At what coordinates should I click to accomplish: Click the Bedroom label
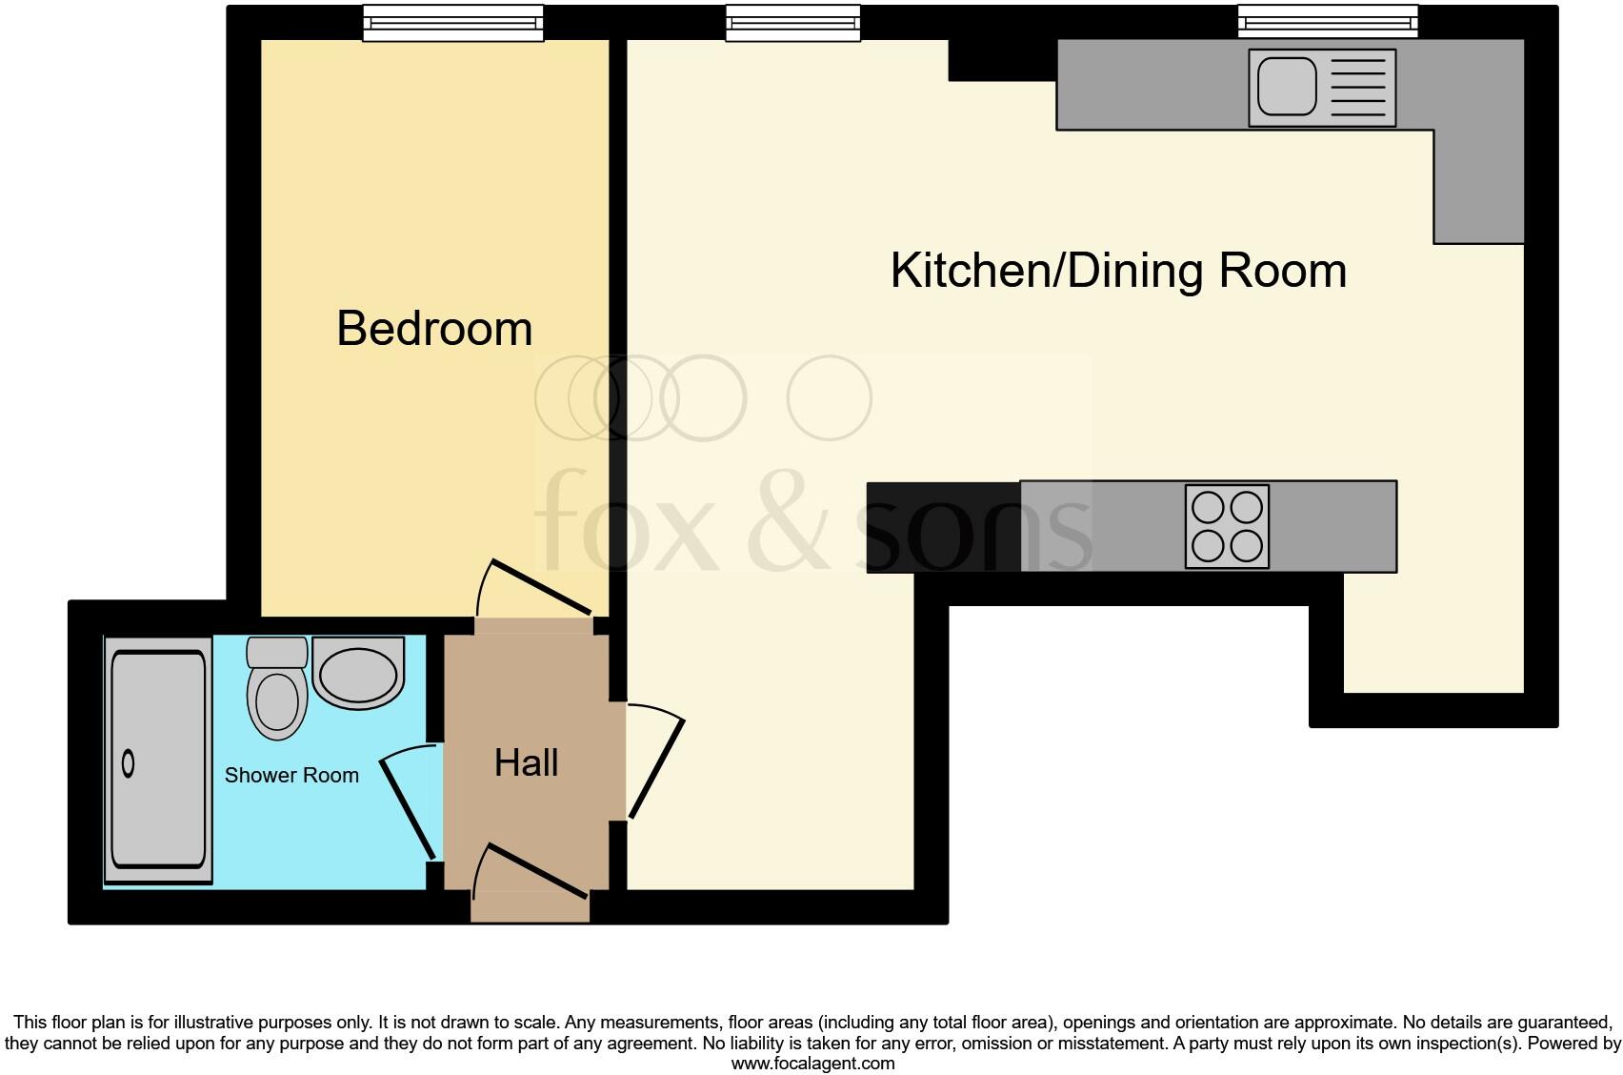(434, 329)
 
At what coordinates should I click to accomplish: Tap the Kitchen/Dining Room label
(1118, 271)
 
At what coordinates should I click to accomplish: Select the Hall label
(526, 762)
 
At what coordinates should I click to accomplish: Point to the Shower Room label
(291, 776)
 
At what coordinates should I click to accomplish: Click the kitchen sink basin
(1287, 87)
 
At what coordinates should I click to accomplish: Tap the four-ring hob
(1227, 527)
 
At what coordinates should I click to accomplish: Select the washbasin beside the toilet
(358, 674)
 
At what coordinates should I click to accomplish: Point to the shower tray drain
(129, 763)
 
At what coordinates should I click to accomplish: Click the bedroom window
(453, 23)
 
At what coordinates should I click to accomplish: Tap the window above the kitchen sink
(1328, 22)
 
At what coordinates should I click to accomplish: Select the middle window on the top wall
(792, 23)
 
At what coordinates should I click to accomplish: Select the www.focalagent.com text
(812, 1064)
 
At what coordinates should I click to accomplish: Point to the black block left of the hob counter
(942, 527)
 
